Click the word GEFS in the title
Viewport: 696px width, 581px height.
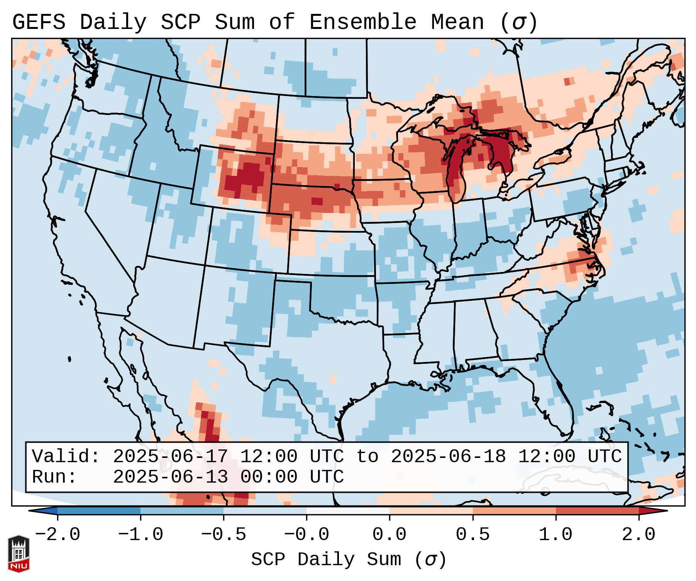point(39,22)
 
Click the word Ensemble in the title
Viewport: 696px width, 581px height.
point(362,22)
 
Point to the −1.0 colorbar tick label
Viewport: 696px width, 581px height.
point(140,535)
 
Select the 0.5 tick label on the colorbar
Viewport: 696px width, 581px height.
point(472,535)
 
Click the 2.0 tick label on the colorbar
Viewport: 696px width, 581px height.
point(638,535)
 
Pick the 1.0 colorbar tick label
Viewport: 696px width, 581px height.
point(555,535)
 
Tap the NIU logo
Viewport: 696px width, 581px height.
point(19,554)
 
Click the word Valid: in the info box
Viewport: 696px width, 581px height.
point(66,457)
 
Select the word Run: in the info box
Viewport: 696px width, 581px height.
point(54,477)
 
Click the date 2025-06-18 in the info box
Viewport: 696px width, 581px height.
point(448,457)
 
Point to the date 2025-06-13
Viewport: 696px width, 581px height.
point(170,477)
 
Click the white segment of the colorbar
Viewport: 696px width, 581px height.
point(348,511)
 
